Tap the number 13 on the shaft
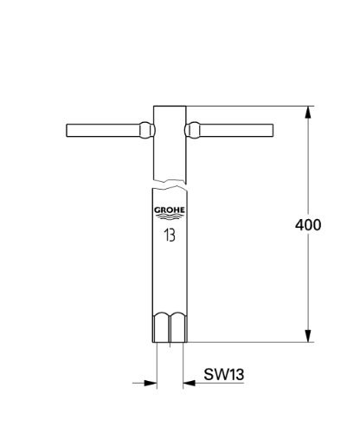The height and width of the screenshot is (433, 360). tap(170, 233)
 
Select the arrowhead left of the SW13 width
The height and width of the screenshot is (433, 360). tap(149, 381)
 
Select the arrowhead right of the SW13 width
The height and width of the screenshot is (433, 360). tap(190, 381)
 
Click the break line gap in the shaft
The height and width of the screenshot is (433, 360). tap(170, 185)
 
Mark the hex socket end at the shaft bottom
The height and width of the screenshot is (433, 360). tap(170, 328)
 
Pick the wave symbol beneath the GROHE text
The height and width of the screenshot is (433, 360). tap(170, 218)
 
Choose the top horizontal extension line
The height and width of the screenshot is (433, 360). tap(251, 107)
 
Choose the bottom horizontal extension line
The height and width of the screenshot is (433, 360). tap(251, 343)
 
